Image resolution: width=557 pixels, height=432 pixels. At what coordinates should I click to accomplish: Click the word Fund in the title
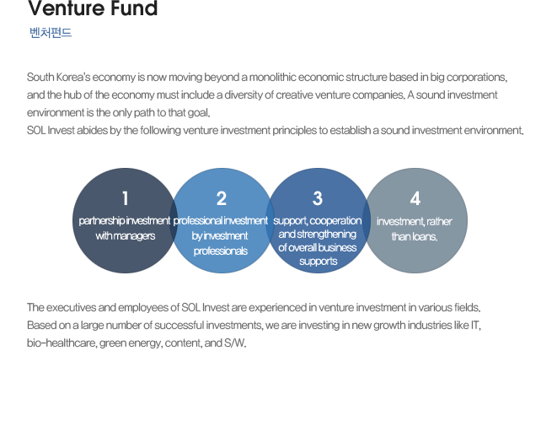pyautogui.click(x=134, y=8)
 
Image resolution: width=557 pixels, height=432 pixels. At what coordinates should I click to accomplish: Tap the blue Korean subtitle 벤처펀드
pyautogui.click(x=51, y=33)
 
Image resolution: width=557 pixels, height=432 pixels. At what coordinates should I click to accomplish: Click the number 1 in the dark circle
pyautogui.click(x=125, y=198)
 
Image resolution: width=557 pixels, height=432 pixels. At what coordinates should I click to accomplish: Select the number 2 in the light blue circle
pyautogui.click(x=222, y=198)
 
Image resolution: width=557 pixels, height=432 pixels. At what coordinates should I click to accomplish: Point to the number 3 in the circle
pyautogui.click(x=318, y=198)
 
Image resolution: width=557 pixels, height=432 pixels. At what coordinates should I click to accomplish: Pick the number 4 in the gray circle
pyautogui.click(x=415, y=198)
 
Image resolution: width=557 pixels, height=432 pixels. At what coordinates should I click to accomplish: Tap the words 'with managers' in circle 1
pyautogui.click(x=125, y=235)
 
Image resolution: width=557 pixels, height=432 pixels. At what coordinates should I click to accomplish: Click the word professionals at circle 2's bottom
pyautogui.click(x=221, y=251)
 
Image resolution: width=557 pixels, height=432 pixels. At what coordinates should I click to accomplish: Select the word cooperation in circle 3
pyautogui.click(x=335, y=221)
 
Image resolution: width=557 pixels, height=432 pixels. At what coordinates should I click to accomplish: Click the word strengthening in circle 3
pyautogui.click(x=326, y=235)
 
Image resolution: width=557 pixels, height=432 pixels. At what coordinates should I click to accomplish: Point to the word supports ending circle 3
pyautogui.click(x=318, y=262)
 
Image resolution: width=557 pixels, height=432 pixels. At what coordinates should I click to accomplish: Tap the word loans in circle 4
pyautogui.click(x=425, y=236)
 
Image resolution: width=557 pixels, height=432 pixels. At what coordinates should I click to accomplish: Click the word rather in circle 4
pyautogui.click(x=439, y=222)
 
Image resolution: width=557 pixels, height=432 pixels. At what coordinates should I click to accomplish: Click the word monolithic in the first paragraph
pyautogui.click(x=272, y=77)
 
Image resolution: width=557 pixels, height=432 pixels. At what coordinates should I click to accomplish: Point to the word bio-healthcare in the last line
pyautogui.click(x=62, y=343)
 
